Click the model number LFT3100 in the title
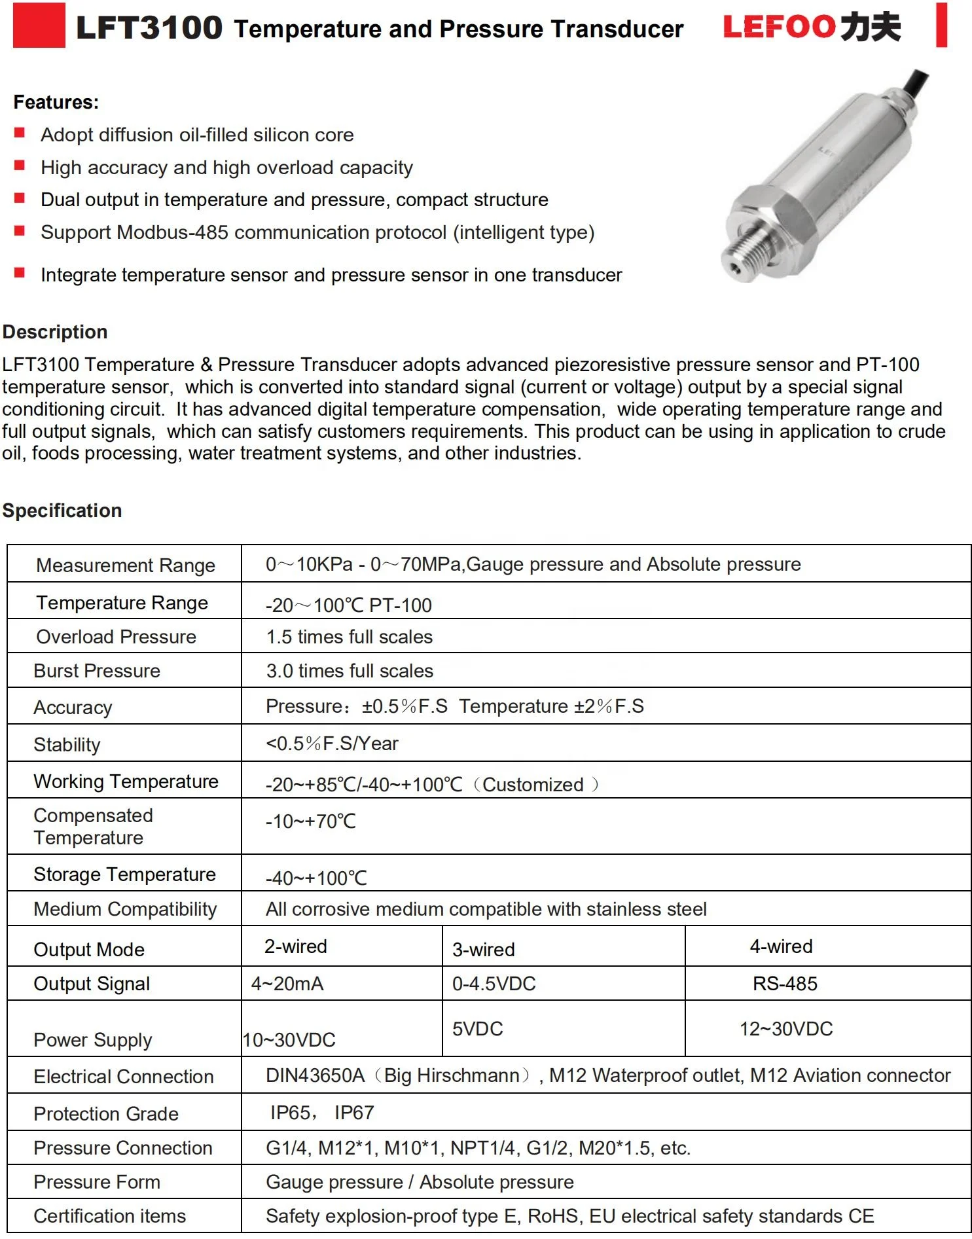tap(149, 28)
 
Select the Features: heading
tap(56, 102)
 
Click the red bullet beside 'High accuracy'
tap(20, 166)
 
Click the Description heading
tap(55, 332)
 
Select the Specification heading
tap(62, 511)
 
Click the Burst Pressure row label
tap(97, 671)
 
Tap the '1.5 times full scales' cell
tap(349, 637)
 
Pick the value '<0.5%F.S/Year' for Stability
tap(332, 744)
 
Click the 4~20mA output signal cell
tap(287, 984)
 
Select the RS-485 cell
tap(785, 984)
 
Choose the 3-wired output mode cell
tap(484, 949)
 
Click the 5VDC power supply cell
tap(477, 1028)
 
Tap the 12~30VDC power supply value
tap(786, 1028)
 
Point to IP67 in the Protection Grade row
tap(354, 1113)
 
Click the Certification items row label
tap(110, 1216)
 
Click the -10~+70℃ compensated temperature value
tap(311, 821)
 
